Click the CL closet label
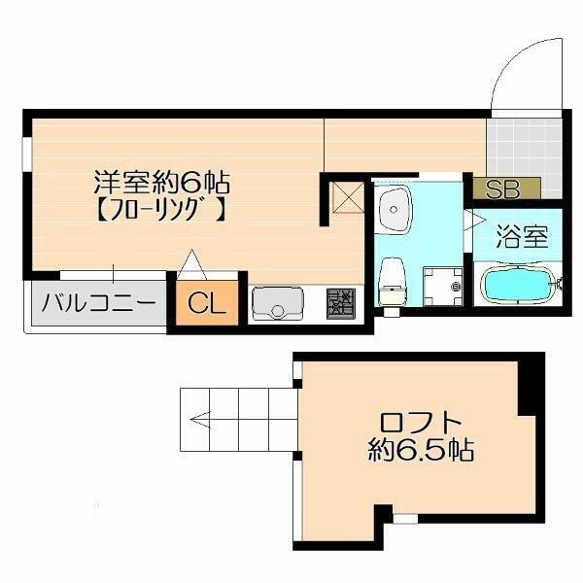pos(207,303)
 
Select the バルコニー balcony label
pos(98,303)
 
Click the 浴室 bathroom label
pos(522,237)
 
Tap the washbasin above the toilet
pos(394,210)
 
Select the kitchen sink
pos(277,302)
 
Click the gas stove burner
pos(340,304)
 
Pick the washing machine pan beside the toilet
pos(443,286)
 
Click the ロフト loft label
pos(420,423)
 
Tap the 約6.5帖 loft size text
pos(421,450)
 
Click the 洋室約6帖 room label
pos(161,182)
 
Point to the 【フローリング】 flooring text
pos(161,211)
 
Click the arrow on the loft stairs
pos(200,420)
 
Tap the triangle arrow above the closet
pos(191,264)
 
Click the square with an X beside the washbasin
pos(348,197)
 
